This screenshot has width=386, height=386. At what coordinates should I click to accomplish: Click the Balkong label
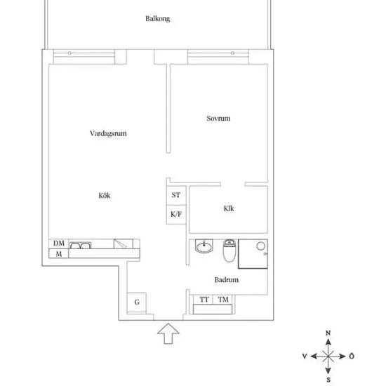pyautogui.click(x=157, y=19)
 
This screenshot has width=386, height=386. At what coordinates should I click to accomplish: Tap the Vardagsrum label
pyautogui.click(x=108, y=133)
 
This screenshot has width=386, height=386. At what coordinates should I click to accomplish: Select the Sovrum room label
pyautogui.click(x=218, y=119)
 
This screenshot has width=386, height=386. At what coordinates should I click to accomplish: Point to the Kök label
pyautogui.click(x=105, y=196)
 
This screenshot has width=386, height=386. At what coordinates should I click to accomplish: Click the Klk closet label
pyautogui.click(x=229, y=208)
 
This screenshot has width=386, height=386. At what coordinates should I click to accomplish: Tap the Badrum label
pyautogui.click(x=227, y=279)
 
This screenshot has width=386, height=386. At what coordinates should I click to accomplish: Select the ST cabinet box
pyautogui.click(x=176, y=195)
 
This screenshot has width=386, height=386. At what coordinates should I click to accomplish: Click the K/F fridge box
pyautogui.click(x=176, y=215)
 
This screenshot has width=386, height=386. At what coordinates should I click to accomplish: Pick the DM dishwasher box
pyautogui.click(x=58, y=244)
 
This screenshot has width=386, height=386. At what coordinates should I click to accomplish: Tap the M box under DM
pyautogui.click(x=58, y=253)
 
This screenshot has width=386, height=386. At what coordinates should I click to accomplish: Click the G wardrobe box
pyautogui.click(x=137, y=302)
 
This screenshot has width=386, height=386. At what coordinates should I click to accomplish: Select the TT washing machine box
pyautogui.click(x=203, y=300)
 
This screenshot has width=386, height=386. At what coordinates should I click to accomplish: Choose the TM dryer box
pyautogui.click(x=222, y=300)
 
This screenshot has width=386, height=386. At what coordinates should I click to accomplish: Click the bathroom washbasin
pyautogui.click(x=204, y=246)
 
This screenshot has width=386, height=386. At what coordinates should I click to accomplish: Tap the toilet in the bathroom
pyautogui.click(x=229, y=251)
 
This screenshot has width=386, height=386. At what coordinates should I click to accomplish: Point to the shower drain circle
pyautogui.click(x=260, y=246)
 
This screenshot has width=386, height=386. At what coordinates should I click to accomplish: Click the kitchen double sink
pyautogui.click(x=80, y=246)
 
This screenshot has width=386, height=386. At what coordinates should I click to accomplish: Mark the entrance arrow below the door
pyautogui.click(x=168, y=333)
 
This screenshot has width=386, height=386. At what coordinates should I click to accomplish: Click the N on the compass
pyautogui.click(x=328, y=333)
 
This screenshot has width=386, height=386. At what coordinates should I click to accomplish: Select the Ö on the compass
pyautogui.click(x=352, y=356)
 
